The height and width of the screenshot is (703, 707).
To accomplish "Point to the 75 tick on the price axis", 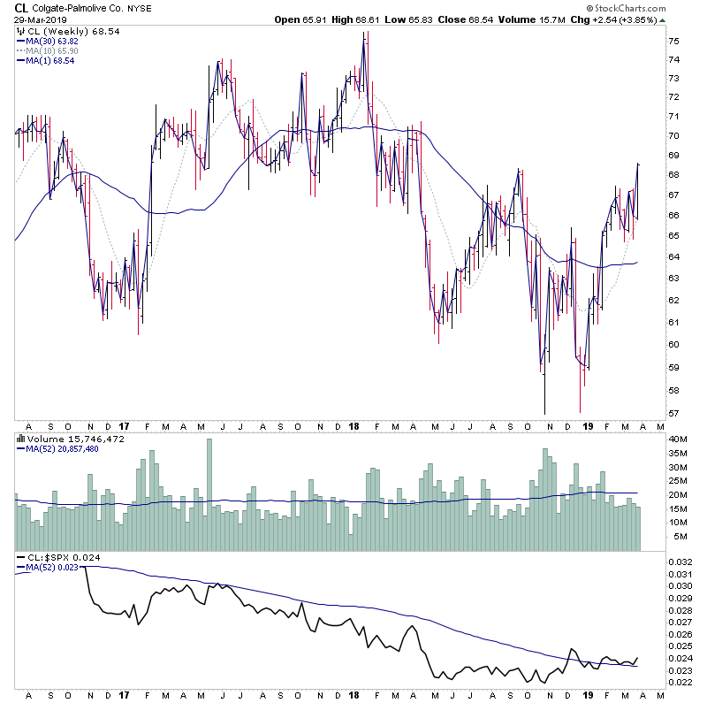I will coord(673,42).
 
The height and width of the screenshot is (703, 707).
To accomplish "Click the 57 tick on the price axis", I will coord(673,413).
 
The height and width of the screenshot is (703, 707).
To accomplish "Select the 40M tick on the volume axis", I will coord(676,439).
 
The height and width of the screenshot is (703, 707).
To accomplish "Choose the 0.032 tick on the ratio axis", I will coord(678,562).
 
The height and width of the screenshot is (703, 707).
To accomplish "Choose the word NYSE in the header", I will coord(139,7).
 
